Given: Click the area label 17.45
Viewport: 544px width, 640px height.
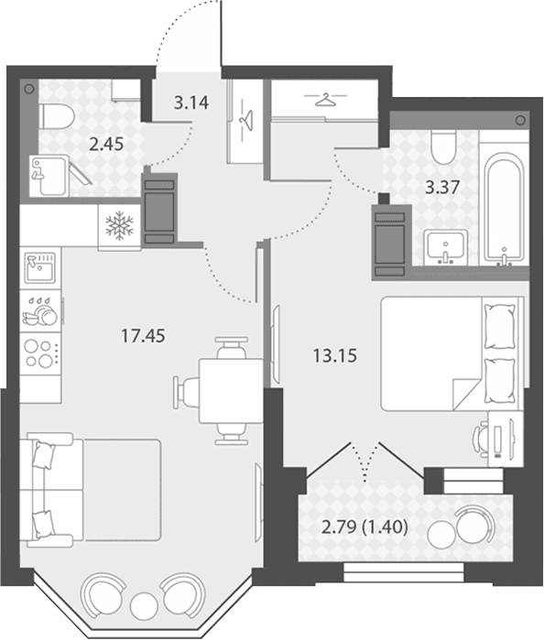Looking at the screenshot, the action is click(x=143, y=336).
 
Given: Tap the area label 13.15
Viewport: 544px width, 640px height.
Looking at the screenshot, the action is click(x=335, y=355).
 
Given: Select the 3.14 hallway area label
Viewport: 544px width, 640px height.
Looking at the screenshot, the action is click(x=191, y=103).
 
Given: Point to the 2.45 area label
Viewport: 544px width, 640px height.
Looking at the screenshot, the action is click(x=106, y=144).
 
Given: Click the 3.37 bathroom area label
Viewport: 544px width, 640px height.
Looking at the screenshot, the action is click(x=442, y=188).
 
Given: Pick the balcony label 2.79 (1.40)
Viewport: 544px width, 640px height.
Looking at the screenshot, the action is click(x=364, y=527).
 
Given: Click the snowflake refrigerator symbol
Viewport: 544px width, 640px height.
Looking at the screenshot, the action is click(x=119, y=226).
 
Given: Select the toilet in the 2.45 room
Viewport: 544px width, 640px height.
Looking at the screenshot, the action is click(x=58, y=116).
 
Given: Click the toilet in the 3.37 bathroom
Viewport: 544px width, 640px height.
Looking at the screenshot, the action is click(x=443, y=147).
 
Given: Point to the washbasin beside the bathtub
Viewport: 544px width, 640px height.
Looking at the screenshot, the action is click(x=446, y=247).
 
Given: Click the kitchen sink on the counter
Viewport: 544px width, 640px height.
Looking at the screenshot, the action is click(x=40, y=268).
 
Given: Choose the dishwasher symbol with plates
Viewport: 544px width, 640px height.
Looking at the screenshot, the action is click(x=40, y=311).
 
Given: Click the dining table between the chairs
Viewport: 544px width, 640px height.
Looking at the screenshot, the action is click(x=231, y=391).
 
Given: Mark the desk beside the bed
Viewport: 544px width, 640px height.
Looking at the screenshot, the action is click(x=506, y=439).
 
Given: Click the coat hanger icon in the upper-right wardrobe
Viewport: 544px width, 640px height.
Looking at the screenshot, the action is click(x=325, y=100).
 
